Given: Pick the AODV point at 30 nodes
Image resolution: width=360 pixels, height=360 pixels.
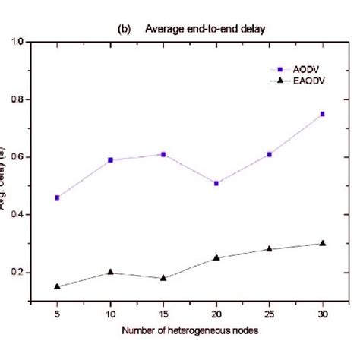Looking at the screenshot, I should [322, 114].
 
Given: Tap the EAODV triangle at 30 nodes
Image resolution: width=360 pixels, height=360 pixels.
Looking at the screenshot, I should [322, 243].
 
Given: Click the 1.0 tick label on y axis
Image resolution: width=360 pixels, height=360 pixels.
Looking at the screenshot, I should [16, 42].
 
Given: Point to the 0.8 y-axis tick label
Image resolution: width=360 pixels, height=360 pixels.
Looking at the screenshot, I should [16, 99].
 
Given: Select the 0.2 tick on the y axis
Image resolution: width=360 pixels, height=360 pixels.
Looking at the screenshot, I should [16, 273].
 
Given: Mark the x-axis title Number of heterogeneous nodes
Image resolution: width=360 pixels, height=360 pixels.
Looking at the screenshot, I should [189, 330].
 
